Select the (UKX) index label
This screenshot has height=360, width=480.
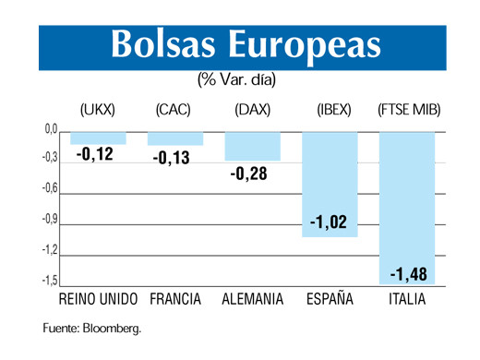[98, 110]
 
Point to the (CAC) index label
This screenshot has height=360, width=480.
[174, 110]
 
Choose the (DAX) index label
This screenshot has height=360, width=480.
[252, 110]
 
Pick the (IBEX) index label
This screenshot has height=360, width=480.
[333, 110]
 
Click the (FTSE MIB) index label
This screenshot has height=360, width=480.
[409, 110]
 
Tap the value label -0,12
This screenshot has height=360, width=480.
[94, 154]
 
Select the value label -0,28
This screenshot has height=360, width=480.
[248, 172]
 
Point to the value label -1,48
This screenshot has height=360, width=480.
[407, 274]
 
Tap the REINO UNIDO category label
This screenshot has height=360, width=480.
[98, 300]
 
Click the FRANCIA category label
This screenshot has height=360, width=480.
[175, 300]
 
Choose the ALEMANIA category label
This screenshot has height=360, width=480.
[253, 300]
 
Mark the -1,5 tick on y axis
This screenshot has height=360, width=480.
[51, 281]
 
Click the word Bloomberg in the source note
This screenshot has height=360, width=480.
[112, 328]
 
